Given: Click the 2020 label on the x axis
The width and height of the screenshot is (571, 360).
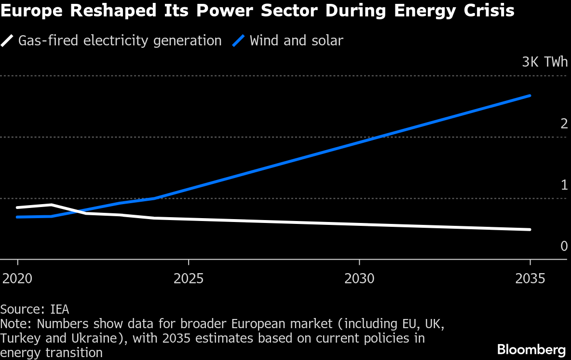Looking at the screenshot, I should pos(17,279).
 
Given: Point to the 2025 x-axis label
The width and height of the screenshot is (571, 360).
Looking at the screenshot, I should pos(189,279).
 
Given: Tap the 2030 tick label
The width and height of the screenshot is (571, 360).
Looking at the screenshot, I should pos(360,279).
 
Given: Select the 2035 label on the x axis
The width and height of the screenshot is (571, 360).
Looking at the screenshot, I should pos(530,279).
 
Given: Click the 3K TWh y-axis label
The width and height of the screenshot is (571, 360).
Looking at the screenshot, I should pos(544,62).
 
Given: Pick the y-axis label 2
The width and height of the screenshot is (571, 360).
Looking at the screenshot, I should pos(564,124).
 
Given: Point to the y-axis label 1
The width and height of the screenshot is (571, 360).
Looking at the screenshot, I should pos(564,185).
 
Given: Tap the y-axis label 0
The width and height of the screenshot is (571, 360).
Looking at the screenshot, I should pos(564,247).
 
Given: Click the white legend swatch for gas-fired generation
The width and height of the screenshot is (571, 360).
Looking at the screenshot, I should pos(7,41).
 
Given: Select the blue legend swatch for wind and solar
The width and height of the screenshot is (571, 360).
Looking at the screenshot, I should pos(239,41).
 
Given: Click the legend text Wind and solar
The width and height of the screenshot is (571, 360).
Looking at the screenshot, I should pos(296,41).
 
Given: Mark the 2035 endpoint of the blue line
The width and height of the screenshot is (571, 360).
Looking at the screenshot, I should pos(530,96).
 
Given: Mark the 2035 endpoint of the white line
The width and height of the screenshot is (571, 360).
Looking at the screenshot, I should pos(530,230).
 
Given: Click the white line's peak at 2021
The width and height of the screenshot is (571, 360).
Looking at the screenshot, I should pos(52,205).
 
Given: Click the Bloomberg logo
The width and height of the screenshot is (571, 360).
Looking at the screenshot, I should pos(531,349).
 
